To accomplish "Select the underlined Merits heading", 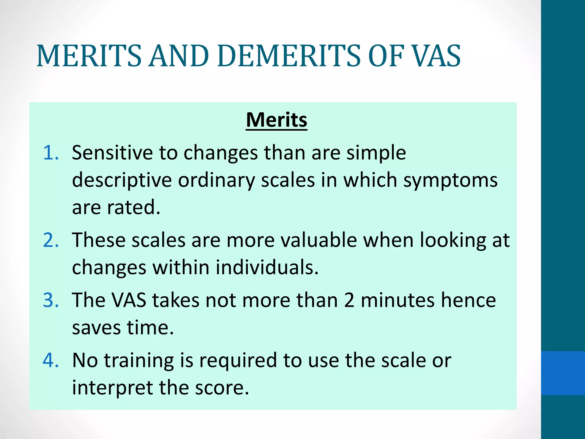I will click(x=277, y=120).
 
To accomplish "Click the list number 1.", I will click(x=51, y=153).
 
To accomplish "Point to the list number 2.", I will click(x=51, y=240).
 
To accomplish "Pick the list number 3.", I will click(x=51, y=300).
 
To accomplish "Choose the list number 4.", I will click(x=51, y=360).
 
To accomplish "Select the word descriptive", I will click(x=122, y=181).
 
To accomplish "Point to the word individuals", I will click(x=267, y=268).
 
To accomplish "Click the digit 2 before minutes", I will click(x=349, y=300).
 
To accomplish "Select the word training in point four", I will click(x=139, y=360).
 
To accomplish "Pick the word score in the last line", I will click(x=222, y=388).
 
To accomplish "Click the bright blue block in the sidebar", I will click(x=563, y=373).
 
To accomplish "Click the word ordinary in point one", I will click(x=216, y=181).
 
